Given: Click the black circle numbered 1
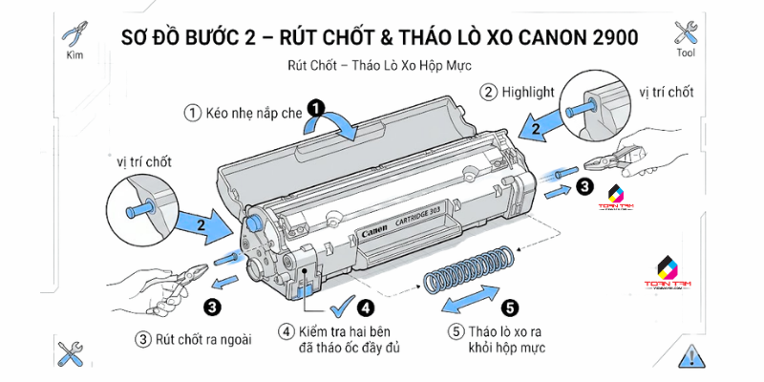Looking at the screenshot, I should (x=316, y=109).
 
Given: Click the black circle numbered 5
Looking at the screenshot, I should (x=509, y=308).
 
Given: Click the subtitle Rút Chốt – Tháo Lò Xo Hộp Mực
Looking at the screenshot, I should (x=380, y=67).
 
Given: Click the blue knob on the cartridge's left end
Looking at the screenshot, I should (x=254, y=220).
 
